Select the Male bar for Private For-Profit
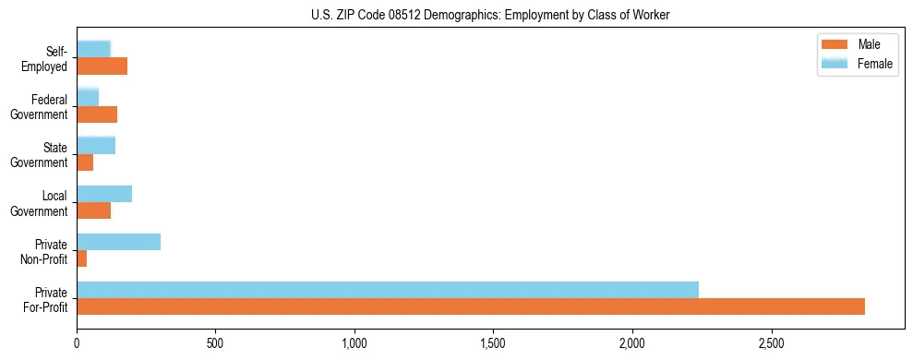[x=471, y=306]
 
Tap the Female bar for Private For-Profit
[x=388, y=290]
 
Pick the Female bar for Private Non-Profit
[x=119, y=242]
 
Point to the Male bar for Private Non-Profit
[x=82, y=258]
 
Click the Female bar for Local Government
[x=104, y=194]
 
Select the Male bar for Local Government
[x=94, y=210]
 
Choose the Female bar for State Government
[x=96, y=145]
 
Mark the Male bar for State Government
[x=85, y=162]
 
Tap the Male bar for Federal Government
[x=97, y=114]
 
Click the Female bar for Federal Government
[x=88, y=97]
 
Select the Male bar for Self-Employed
[x=102, y=66]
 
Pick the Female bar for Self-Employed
[x=94, y=49]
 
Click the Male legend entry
[x=857, y=44]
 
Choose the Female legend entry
[x=857, y=63]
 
